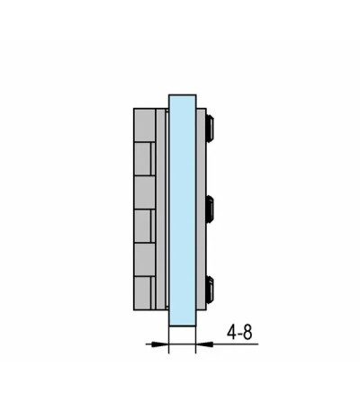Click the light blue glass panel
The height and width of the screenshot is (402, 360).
tap(183, 210)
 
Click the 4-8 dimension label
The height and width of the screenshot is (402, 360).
tap(239, 333)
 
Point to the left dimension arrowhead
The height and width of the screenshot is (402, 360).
tap(160, 344)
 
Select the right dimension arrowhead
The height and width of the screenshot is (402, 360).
tap(204, 344)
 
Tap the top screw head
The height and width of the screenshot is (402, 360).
tap(210, 127)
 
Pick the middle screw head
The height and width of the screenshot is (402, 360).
tap(210, 209)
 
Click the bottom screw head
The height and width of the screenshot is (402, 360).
tap(210, 290)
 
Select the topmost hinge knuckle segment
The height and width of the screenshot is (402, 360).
tap(145, 125)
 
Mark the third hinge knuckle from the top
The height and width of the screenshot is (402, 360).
tap(145, 192)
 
